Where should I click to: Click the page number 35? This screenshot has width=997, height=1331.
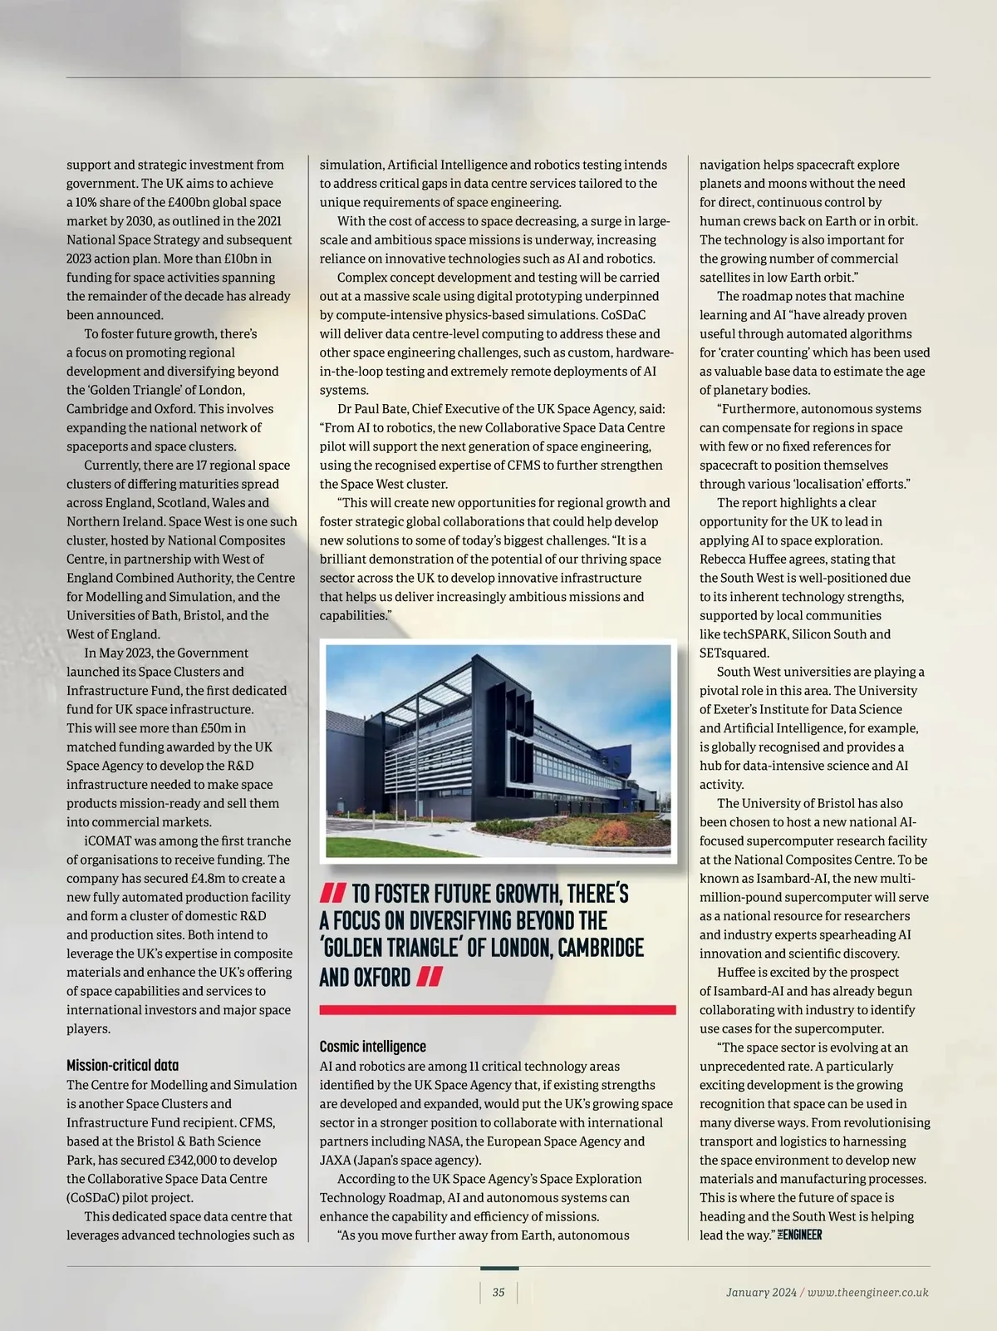pos(498,1292)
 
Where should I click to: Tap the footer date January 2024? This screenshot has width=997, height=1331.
pos(760,1292)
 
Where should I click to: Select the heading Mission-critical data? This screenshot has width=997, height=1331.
pos(122,1065)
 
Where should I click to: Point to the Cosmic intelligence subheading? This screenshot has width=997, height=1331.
pos(372,1046)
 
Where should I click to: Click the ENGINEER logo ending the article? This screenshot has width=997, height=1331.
pos(799,1235)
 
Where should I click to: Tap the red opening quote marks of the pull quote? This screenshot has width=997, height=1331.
pos(332,895)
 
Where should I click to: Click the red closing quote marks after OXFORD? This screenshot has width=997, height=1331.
pos(429,977)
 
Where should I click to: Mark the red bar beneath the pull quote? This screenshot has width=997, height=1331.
pos(498,1009)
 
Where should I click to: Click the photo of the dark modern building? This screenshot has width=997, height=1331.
pos(498,751)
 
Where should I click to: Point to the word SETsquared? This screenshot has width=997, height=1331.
pos(734,653)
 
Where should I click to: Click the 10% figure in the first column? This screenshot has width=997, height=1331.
pos(86,202)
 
